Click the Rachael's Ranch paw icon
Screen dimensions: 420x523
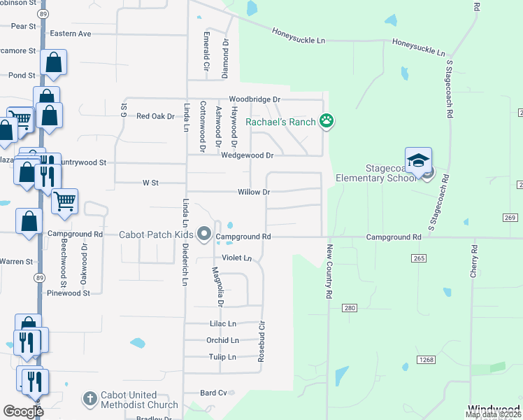click(327, 121)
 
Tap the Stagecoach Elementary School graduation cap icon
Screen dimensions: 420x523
click(418, 161)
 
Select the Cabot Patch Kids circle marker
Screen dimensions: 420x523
click(204, 234)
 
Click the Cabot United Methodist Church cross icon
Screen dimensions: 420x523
click(89, 400)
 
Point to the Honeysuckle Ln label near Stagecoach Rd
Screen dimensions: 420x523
click(418, 47)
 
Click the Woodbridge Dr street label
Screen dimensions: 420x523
click(255, 100)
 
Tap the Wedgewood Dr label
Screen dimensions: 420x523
click(247, 155)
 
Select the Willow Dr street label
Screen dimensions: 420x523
click(253, 192)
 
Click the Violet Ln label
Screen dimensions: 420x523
click(236, 258)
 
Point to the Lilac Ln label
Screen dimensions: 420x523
click(223, 324)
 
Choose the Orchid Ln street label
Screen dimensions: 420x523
click(222, 341)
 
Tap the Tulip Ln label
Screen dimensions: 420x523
click(222, 357)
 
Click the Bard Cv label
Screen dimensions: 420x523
click(213, 393)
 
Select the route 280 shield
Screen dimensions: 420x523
click(350, 308)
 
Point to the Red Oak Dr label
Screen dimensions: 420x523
click(155, 116)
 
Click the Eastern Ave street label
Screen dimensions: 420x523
click(71, 34)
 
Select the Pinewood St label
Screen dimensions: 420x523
click(69, 293)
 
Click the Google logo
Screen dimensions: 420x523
click(23, 412)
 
